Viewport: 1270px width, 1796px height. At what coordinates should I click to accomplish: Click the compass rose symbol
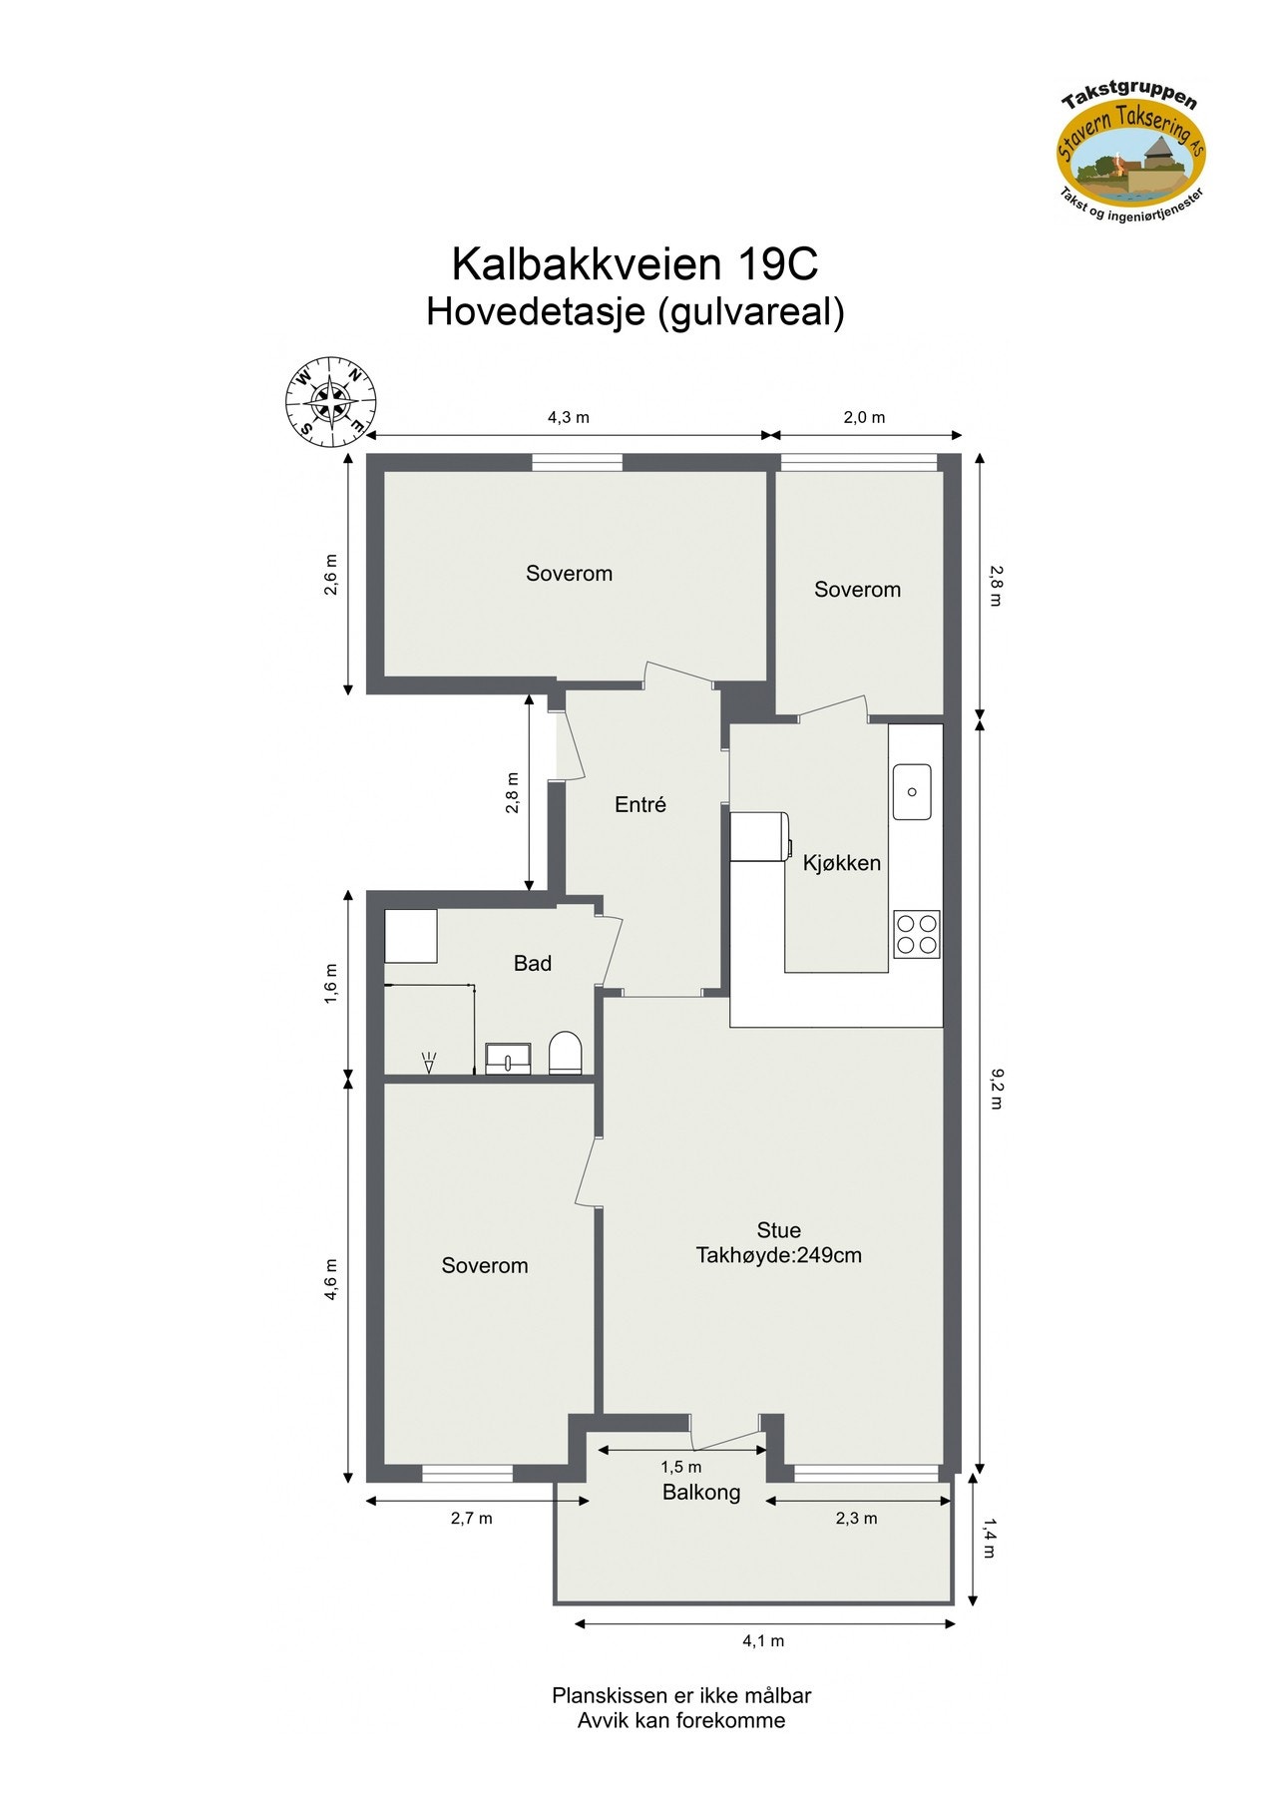332,401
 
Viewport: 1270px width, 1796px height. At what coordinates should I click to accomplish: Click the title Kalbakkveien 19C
635,264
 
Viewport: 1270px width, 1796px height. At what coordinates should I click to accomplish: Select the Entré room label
639,804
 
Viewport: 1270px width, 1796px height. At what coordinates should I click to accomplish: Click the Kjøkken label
842,863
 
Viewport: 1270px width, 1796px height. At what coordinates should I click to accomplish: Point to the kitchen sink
911,791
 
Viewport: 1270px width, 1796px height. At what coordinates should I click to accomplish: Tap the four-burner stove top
917,934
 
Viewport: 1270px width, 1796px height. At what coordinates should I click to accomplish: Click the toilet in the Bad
564,1054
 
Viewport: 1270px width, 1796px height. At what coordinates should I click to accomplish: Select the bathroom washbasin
509,1058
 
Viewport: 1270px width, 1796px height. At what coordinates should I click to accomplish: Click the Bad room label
532,964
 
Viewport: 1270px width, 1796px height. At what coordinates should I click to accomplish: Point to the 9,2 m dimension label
996,1089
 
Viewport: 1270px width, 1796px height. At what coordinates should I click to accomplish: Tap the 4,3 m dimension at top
568,417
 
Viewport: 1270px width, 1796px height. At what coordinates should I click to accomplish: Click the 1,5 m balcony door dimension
680,1467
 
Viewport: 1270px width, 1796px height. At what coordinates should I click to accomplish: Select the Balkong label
701,1493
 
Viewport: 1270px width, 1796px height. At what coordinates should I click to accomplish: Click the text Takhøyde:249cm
778,1256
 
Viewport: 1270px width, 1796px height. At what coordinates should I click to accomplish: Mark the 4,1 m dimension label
763,1640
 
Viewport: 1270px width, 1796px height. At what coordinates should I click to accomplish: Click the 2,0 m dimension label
864,417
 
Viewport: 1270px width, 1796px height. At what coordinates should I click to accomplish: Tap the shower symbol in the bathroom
430,1062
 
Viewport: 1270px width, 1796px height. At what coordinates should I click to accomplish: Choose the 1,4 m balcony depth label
990,1538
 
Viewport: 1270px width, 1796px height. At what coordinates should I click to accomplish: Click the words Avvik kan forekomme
680,1721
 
